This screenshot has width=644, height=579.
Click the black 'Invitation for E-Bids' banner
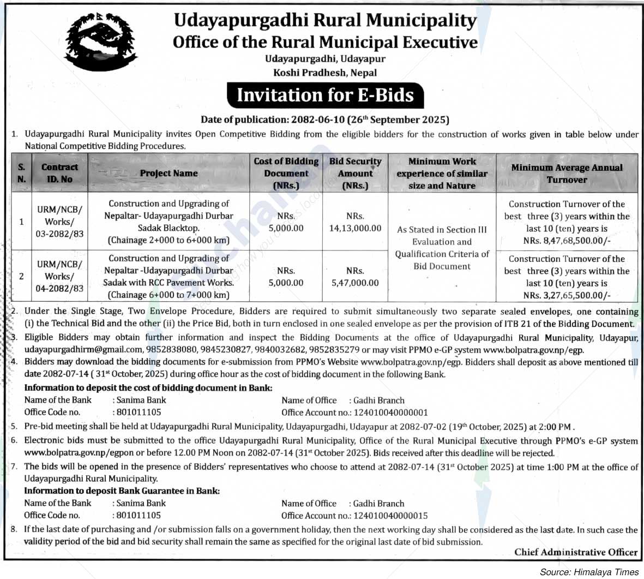point(325,95)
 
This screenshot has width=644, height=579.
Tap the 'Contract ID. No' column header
point(59,173)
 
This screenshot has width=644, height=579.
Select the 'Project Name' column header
point(168,173)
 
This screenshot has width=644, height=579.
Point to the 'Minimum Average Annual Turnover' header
point(567,173)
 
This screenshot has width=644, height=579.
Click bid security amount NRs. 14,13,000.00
point(355,228)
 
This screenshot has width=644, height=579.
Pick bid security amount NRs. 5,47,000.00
point(355,283)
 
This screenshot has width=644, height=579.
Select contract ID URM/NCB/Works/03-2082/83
point(59,222)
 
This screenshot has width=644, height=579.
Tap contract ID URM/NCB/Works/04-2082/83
point(59,276)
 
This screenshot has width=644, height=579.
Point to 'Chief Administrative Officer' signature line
point(576,552)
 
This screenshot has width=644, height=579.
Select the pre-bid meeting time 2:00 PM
point(556,427)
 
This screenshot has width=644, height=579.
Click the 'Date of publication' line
point(325,120)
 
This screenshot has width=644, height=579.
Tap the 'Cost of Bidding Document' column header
point(286,173)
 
